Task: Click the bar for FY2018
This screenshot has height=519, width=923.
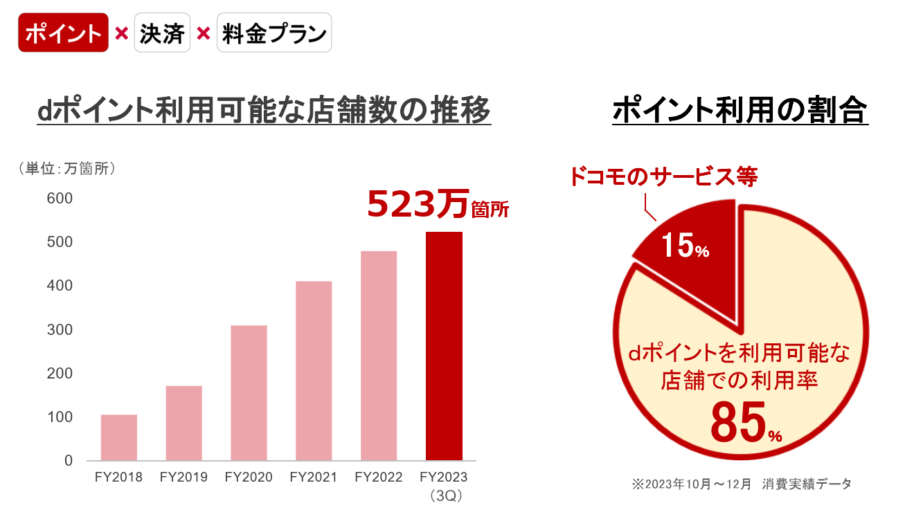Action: pos(119,437)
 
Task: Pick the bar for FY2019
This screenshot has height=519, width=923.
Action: pos(184,423)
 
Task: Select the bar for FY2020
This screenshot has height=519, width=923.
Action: pos(249,392)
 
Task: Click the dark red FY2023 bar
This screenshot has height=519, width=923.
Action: pos(444,346)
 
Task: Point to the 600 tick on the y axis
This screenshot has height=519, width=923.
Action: pos(60,199)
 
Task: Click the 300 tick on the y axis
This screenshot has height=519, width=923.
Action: pos(60,329)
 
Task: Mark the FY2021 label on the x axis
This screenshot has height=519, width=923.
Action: pos(314,477)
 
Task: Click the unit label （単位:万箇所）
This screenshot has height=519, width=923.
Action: pos(66,168)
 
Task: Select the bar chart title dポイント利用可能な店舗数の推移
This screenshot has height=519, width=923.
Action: pos(264,111)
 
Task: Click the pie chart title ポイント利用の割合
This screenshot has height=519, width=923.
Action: pos(740,111)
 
